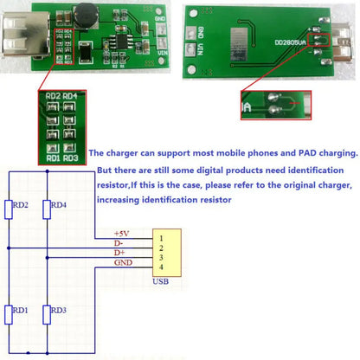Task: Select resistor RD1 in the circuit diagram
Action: tap(10, 314)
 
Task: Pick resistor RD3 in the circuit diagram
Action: tap(46, 314)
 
